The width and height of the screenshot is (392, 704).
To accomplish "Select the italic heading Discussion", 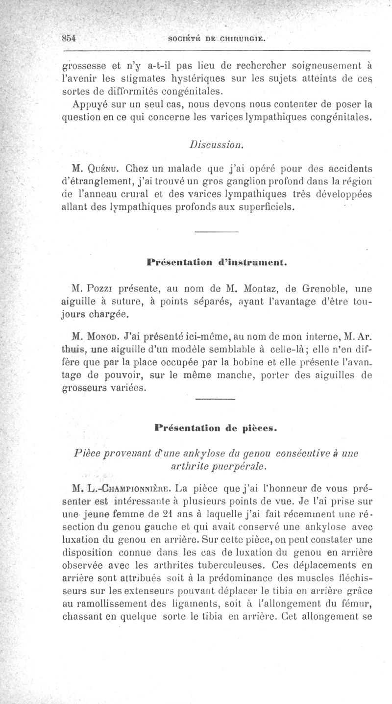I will (x=216, y=145).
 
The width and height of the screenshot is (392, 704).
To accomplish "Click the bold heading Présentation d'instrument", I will (x=216, y=262).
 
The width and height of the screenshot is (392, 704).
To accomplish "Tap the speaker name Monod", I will (x=104, y=338).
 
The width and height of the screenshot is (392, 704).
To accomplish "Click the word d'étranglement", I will (x=95, y=183).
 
